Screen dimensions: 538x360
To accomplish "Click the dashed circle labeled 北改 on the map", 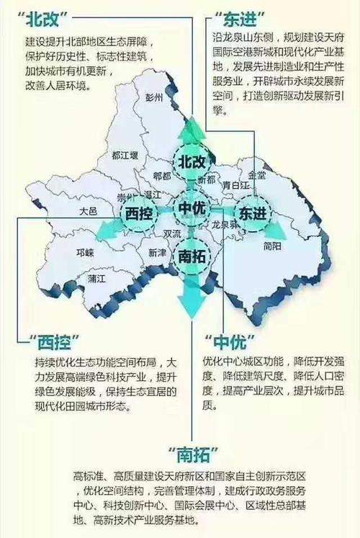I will point(192,159).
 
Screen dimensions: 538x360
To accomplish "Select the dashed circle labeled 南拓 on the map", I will point(192,254).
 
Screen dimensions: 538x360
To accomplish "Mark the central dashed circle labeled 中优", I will point(192,208).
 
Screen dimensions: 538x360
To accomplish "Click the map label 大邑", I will point(88,211).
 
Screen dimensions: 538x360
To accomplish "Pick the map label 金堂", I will point(256,174).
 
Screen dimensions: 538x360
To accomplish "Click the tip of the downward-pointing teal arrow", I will point(192,318).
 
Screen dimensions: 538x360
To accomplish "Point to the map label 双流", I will point(173,233).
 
